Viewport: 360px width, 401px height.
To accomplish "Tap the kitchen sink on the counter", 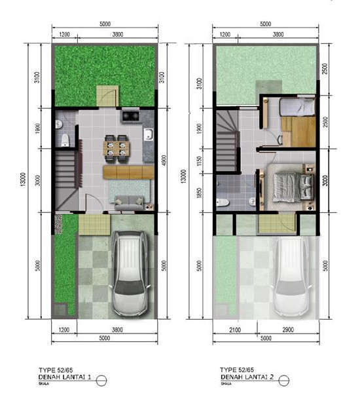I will (149, 135).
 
